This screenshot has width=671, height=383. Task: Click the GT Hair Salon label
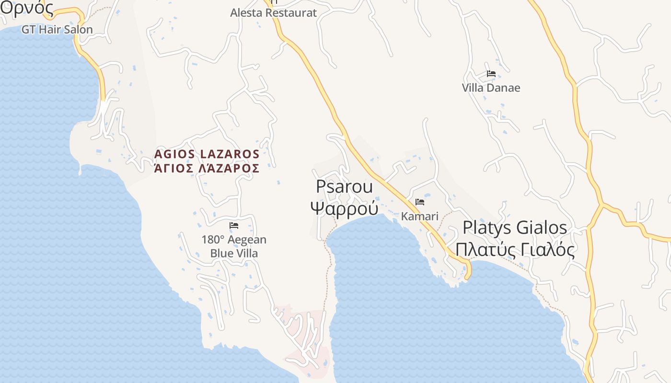pos(57,30)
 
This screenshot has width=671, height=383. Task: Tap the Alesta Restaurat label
pos(273,13)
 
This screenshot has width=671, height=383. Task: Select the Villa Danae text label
pos(491,88)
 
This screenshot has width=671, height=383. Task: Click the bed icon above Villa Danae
pos(491,74)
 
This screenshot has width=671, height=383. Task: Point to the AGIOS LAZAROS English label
pos(207,154)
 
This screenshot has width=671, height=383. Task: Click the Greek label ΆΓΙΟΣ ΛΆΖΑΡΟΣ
pos(207,169)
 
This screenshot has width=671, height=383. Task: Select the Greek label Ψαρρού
pos(344,209)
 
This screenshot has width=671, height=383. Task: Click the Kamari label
pos(420,216)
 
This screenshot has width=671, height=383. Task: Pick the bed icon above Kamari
pos(420,202)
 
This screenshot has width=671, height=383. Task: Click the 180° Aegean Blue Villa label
pos(234,246)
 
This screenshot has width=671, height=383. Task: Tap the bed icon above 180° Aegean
pos(234,225)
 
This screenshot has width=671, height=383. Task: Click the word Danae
pos(504,88)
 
